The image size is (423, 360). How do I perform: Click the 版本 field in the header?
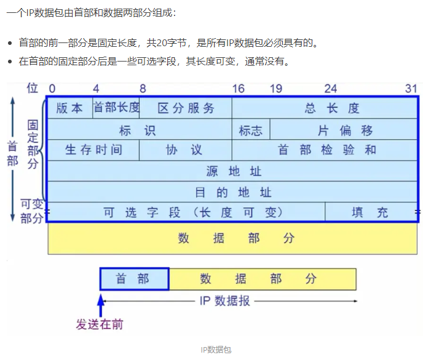point(69,108)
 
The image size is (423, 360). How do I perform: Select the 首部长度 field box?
point(116,108)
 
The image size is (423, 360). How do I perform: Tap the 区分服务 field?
point(186,108)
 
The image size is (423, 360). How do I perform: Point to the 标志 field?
point(251,130)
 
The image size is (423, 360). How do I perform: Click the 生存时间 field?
point(93,150)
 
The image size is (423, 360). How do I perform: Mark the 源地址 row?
point(232,171)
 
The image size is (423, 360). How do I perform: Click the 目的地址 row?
point(232,192)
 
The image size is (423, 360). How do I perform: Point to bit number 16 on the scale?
point(238,89)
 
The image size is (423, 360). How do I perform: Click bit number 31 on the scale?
point(411,89)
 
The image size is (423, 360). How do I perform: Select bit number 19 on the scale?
point(275,89)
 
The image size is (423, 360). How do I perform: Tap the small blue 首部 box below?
point(134,279)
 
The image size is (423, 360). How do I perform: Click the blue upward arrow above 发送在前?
point(101,304)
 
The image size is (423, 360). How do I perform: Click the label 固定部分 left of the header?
point(33,145)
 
